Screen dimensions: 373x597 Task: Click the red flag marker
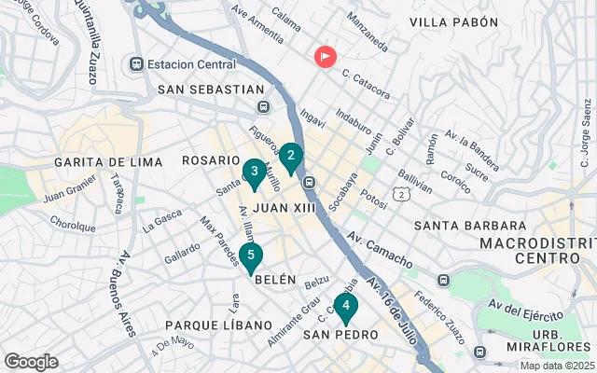(x=325, y=56)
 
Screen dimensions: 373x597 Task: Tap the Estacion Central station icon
(x=137, y=64)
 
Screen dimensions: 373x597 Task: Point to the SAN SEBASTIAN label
(x=212, y=90)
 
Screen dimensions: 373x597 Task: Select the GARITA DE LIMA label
(x=108, y=162)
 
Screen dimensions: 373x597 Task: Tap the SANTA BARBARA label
(x=470, y=226)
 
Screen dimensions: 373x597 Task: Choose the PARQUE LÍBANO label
(x=204, y=325)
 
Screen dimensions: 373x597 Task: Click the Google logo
(x=31, y=362)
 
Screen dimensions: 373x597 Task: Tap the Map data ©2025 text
(x=557, y=366)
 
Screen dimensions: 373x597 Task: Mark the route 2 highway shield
(x=399, y=194)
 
